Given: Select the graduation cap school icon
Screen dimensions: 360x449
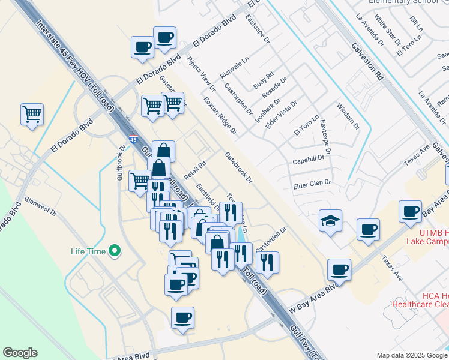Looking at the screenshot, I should point(330,221).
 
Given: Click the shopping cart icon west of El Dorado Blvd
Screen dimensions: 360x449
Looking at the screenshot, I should point(32,114).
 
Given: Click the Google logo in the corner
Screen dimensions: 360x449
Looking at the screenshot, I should point(20,352).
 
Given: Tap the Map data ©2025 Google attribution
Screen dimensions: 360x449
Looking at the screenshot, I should point(411,355).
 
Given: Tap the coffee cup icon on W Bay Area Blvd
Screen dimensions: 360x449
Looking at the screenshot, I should point(339,270).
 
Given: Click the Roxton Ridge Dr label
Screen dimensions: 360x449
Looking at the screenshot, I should point(220,115).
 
